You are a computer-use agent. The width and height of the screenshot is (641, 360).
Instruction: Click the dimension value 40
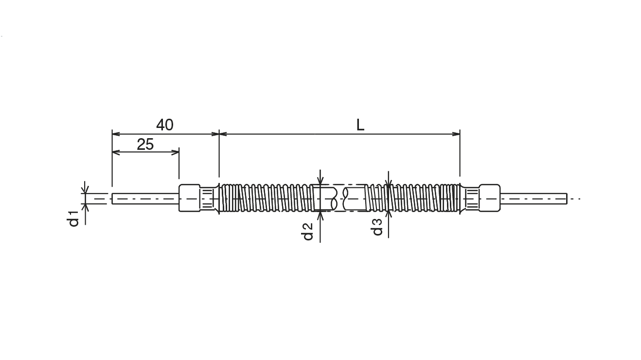(164, 125)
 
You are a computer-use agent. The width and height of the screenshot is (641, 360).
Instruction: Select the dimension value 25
(145, 144)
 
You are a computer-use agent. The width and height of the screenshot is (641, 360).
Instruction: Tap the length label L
(360, 125)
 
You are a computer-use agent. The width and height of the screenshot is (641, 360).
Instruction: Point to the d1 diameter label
(73, 219)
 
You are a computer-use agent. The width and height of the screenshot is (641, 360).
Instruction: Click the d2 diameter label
(307, 231)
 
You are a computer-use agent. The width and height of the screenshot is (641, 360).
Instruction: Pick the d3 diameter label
(377, 227)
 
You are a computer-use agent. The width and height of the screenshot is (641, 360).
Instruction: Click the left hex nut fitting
(189, 198)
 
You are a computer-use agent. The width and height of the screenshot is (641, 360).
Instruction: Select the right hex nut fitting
(490, 198)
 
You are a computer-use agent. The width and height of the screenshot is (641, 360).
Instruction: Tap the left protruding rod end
(145, 198)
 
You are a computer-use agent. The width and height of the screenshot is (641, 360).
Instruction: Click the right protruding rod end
(534, 198)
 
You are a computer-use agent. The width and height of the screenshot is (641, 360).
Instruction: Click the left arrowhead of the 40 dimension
(116, 134)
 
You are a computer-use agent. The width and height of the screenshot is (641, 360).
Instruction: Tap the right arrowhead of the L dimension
(456, 134)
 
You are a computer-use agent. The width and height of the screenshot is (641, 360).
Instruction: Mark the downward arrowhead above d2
(320, 181)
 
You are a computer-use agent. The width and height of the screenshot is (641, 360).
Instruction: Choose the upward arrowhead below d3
(388, 214)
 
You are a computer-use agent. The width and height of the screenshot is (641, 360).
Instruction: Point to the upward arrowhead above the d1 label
(85, 207)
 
